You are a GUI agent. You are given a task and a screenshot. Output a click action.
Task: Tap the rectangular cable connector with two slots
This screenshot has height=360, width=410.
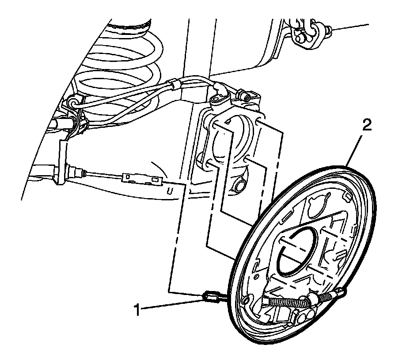[141, 178]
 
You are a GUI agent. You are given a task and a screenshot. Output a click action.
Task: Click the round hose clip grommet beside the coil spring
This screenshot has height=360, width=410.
[73, 103]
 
